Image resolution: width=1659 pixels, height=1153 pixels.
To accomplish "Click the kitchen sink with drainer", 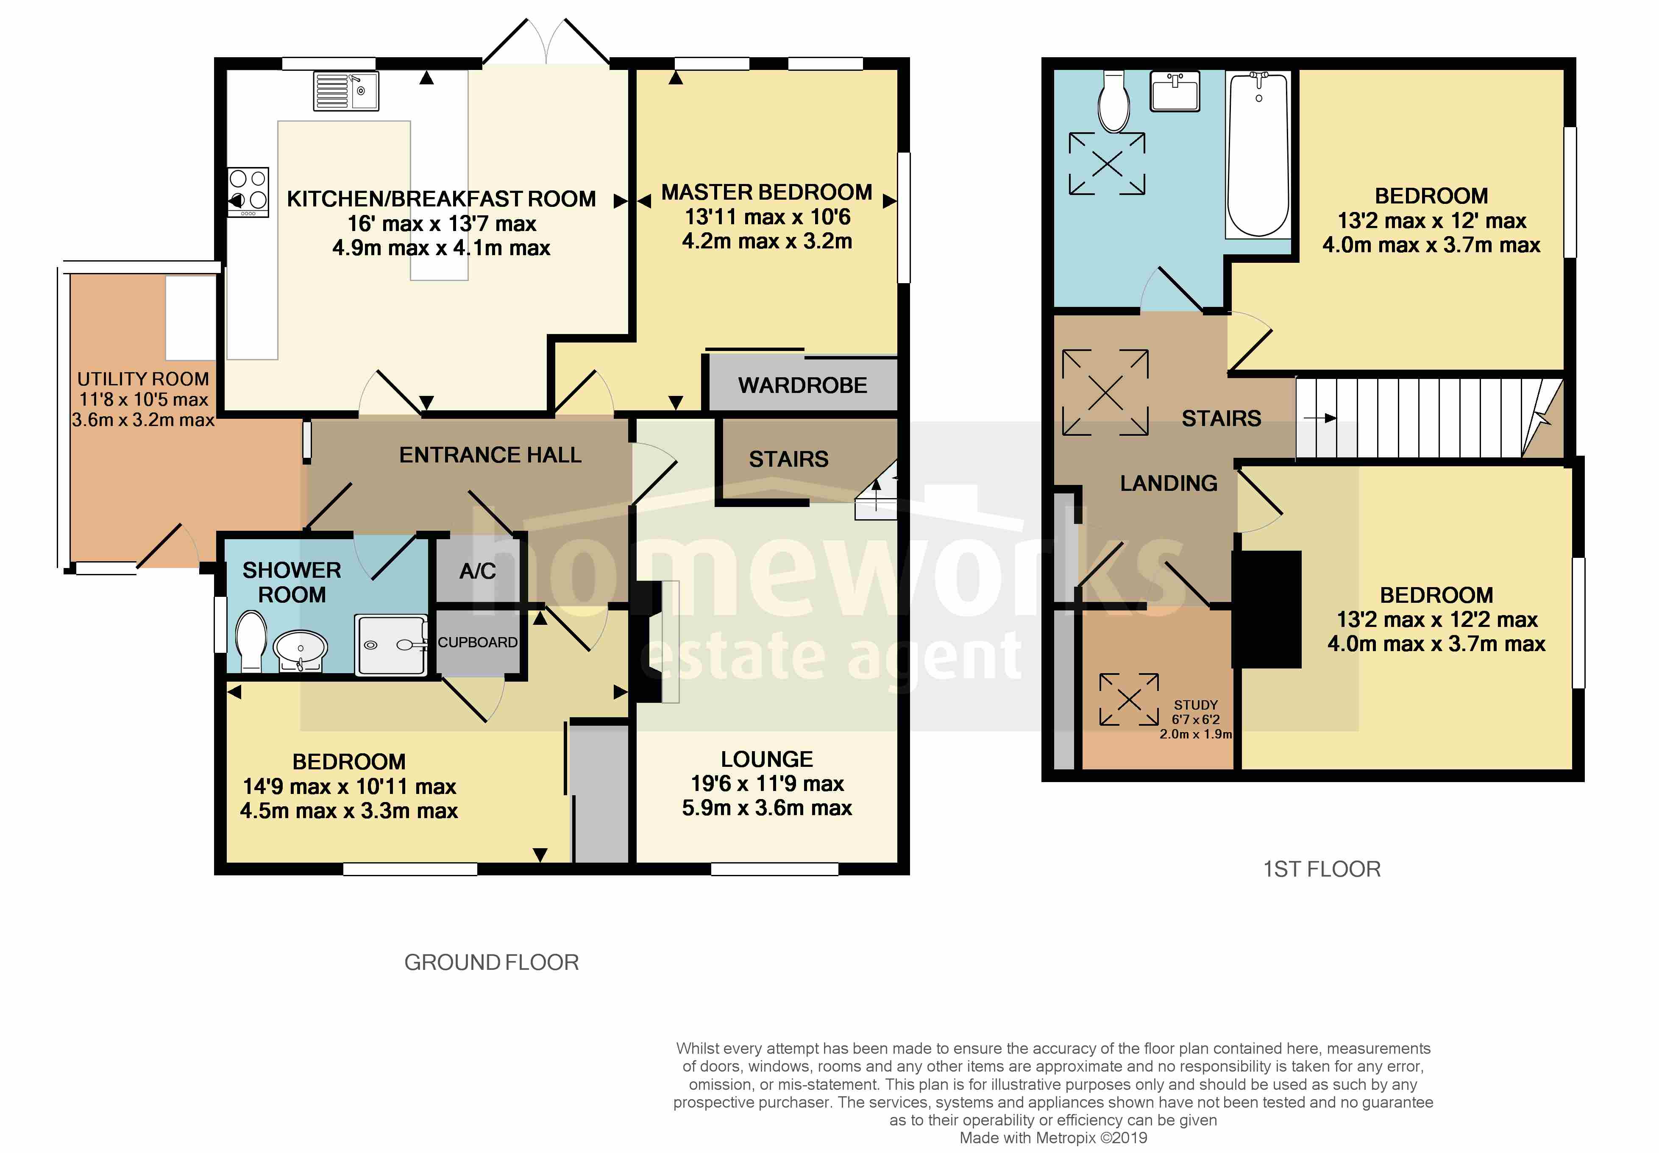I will click(345, 91).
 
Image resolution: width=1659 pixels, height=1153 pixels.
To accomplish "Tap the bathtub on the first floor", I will click(1258, 155).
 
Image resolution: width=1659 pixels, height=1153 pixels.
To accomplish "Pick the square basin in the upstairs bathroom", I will click(1175, 92).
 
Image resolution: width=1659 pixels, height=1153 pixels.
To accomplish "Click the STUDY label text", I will click(1195, 705).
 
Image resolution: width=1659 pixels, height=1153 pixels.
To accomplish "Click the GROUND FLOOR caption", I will click(491, 962).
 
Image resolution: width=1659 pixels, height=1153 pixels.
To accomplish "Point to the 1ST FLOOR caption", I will click(1321, 869).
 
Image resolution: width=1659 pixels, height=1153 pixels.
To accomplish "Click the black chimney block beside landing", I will click(1266, 609).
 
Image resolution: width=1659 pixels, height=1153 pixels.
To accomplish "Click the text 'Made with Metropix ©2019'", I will click(1052, 1138).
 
